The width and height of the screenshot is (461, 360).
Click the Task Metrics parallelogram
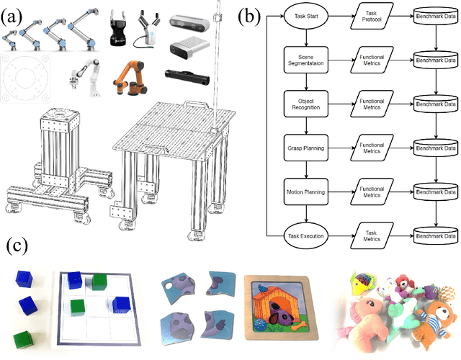tap(371, 234)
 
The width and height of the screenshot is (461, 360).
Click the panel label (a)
tap(13, 15)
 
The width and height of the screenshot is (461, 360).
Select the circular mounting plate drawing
tap(28, 79)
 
